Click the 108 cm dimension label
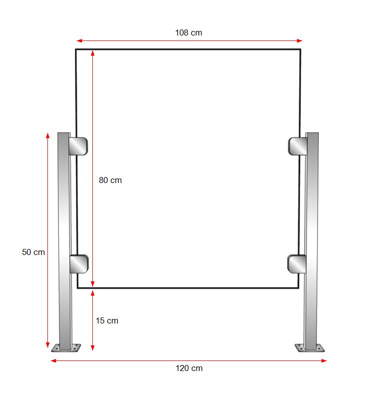click(189, 32)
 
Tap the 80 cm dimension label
click(110, 180)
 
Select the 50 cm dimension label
click(33, 252)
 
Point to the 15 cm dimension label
click(107, 320)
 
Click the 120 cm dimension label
click(189, 368)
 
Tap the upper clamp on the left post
click(78, 146)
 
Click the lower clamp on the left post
click(79, 264)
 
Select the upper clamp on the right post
click(298, 146)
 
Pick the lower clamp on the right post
click(297, 264)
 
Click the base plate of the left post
click(66, 348)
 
